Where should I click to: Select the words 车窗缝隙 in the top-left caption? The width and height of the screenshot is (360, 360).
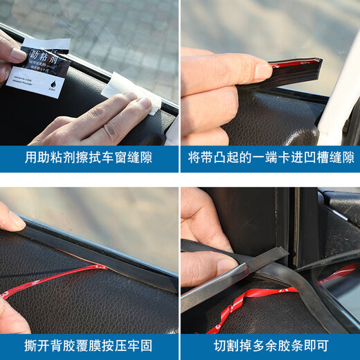click(127, 158)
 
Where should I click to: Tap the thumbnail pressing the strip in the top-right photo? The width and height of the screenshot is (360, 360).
click(262, 71)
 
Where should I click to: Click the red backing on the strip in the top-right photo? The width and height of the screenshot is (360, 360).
click(291, 64)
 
